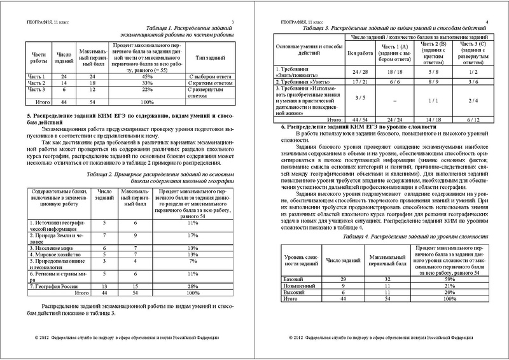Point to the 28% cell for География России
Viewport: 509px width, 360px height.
pos(190,286)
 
